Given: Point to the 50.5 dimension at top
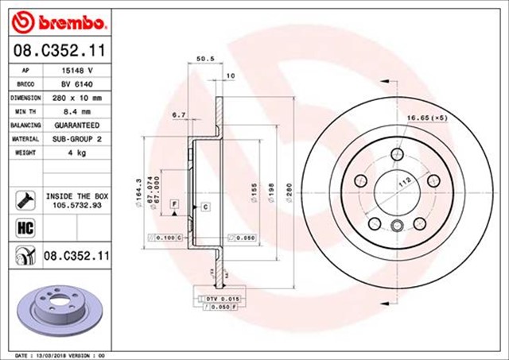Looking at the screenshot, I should pos(204,59).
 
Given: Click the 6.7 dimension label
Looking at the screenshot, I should pos(178,115).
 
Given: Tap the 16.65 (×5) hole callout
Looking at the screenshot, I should pos(428,118).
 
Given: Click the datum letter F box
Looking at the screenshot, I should pos(171,204).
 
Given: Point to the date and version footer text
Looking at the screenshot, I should pos(60,354).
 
